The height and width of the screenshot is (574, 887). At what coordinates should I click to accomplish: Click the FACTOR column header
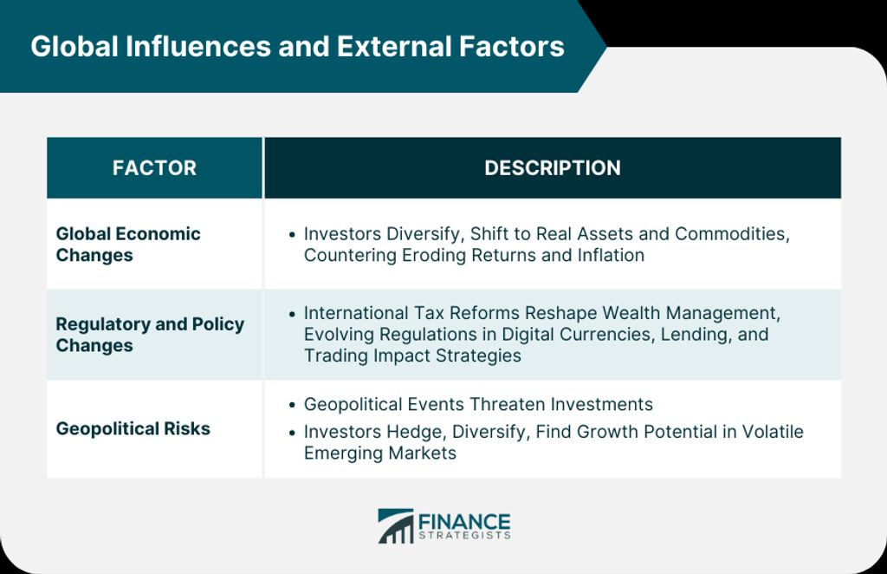154,167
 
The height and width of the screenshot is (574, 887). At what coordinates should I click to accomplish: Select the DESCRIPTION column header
553,167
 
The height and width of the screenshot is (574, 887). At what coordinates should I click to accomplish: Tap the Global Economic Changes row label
128,245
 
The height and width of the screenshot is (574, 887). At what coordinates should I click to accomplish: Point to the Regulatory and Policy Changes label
150,335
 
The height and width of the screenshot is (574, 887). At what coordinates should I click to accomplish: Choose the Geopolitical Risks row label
133,428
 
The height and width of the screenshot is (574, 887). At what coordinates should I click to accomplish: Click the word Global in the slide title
74,47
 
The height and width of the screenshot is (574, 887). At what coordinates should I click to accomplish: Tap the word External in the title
394,47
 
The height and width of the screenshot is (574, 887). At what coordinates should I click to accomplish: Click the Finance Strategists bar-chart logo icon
395,526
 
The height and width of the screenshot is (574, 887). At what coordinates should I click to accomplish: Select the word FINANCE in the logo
464,521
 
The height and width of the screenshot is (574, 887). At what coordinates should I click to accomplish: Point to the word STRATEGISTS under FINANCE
464,536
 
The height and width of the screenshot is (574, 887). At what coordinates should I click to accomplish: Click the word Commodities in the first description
732,234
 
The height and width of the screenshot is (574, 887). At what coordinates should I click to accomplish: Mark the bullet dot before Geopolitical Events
292,405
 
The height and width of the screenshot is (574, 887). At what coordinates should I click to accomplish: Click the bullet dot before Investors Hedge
292,433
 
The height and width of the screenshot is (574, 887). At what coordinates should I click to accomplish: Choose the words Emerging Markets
380,453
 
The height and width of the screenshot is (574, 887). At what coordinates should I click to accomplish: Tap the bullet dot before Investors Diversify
292,234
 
